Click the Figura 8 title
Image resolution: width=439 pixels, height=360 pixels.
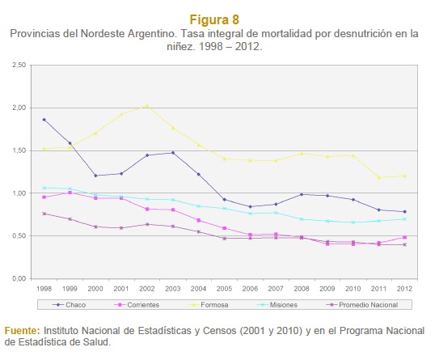(214, 19)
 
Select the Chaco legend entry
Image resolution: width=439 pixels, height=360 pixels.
(70, 305)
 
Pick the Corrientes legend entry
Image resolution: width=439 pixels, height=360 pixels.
(137, 305)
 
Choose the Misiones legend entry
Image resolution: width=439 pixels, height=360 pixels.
(277, 305)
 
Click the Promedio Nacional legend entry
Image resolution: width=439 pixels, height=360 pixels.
(362, 305)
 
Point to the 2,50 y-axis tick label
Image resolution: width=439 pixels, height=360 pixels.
(19, 65)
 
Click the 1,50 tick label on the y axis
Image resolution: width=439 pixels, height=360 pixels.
(19, 150)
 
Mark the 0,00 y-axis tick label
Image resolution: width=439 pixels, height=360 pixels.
(19, 279)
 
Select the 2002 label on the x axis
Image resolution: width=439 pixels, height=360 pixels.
(147, 289)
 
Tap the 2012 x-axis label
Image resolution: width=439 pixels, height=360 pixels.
(404, 289)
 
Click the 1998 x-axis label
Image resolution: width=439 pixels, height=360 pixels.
(44, 289)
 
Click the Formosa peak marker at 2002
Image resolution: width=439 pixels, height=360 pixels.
(147, 106)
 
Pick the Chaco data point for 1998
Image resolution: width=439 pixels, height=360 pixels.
(44, 120)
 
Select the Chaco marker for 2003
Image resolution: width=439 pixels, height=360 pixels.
(173, 153)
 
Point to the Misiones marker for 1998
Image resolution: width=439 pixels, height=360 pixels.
(44, 188)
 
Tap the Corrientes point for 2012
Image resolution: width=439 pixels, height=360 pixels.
(404, 237)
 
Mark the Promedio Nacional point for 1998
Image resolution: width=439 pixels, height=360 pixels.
(44, 214)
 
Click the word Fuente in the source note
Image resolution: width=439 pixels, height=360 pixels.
(23, 331)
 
